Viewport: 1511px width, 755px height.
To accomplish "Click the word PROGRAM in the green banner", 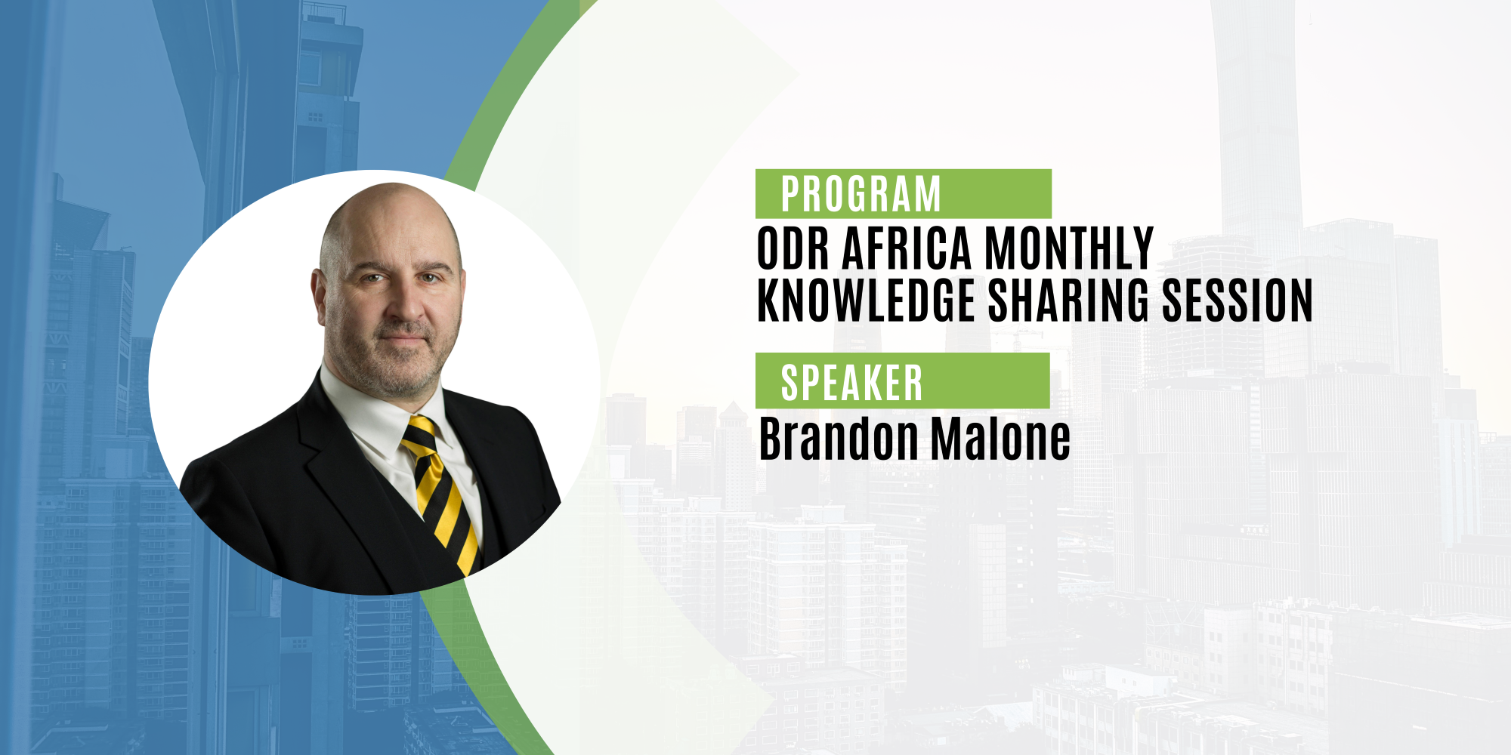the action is pyautogui.click(x=861, y=195).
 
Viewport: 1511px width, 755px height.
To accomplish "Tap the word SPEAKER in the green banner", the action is pyautogui.click(x=851, y=383).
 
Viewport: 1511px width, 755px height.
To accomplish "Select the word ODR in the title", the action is pyautogui.click(x=793, y=248).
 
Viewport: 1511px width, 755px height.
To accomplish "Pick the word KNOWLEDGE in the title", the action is pyautogui.click(x=867, y=300).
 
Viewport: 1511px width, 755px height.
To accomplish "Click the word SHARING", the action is pyautogui.click(x=1068, y=300).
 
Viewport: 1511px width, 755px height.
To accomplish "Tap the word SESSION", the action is pyautogui.click(x=1237, y=300).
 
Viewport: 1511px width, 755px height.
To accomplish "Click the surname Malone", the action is pyautogui.click(x=1000, y=439).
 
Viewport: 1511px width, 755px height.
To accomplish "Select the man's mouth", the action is pyautogui.click(x=404, y=341).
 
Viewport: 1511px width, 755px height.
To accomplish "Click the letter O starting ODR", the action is pyautogui.click(x=769, y=248).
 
